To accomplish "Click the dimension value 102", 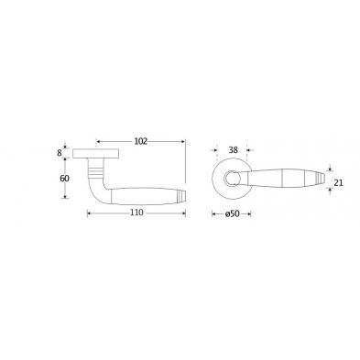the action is coord(140,141).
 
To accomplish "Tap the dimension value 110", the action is coord(136,213).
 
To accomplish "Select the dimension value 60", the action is coord(64,179).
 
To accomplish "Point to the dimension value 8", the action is coord(60,152).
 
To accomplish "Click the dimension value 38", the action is coord(233,150).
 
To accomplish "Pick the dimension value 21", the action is coord(338,182).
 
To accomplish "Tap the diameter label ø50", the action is coord(232,213).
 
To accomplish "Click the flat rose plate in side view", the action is coord(95,154).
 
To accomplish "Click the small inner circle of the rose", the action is coord(230,178).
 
